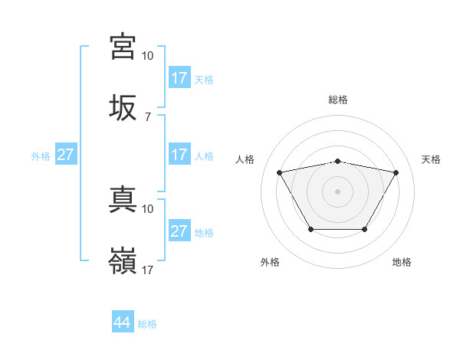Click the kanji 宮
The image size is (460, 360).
click(123, 47)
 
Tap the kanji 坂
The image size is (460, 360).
click(123, 108)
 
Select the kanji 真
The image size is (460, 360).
click(123, 200)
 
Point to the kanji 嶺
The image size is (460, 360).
click(123, 261)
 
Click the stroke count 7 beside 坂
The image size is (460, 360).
click(147, 117)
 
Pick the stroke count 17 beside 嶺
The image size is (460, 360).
click(148, 270)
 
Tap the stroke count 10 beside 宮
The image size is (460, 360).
click(148, 56)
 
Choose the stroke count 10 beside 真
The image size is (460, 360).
click(148, 208)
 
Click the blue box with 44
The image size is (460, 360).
click(123, 322)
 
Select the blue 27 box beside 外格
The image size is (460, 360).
click(65, 155)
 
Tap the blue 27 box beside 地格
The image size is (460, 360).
click(179, 231)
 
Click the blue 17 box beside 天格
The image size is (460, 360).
click(179, 78)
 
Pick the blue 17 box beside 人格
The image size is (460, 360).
click(179, 155)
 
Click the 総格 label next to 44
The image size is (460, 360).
click(147, 324)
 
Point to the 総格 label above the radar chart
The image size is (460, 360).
click(337, 100)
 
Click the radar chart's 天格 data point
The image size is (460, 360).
click(396, 172)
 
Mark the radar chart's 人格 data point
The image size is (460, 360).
click(279, 172)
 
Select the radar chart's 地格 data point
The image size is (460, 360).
click(364, 229)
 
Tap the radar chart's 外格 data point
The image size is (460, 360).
click(310, 229)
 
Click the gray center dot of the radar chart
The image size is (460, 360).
click(337, 191)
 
